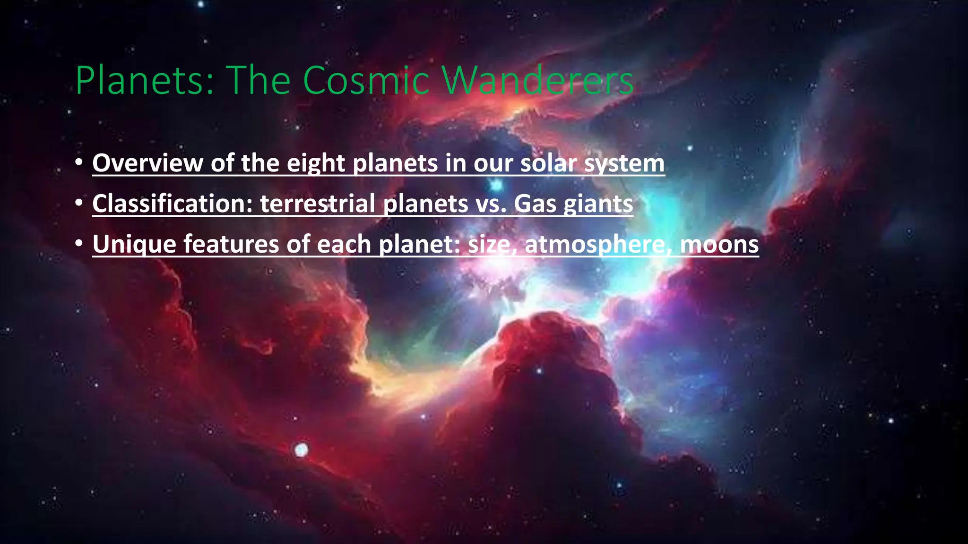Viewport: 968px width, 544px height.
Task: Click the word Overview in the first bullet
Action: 147,163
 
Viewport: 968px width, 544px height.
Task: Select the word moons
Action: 719,245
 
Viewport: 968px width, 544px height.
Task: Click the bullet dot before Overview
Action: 79,162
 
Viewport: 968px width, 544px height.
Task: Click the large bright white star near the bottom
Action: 301,450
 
